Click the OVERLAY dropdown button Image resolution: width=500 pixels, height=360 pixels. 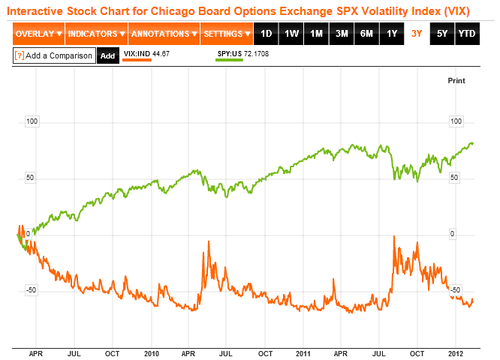[x=38, y=34]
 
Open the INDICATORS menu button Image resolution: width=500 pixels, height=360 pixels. [x=96, y=34]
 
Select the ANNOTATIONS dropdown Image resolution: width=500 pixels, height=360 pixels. [x=163, y=34]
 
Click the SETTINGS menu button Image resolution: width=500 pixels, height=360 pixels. [x=226, y=34]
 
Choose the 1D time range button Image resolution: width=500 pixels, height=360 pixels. [x=267, y=34]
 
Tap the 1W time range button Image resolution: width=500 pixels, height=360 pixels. [x=292, y=34]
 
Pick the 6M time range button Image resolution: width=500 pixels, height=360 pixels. [x=366, y=34]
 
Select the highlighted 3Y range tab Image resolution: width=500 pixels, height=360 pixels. [x=417, y=34]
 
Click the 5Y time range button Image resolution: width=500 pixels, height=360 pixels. [x=442, y=34]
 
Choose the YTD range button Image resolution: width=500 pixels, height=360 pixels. [x=467, y=34]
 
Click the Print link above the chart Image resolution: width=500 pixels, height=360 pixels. [x=456, y=80]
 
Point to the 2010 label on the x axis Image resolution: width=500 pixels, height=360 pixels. [x=152, y=352]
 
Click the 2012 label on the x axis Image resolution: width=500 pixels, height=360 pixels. [x=455, y=352]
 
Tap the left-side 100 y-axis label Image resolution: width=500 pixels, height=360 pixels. [x=32, y=121]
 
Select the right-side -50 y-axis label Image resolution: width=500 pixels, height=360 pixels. [x=455, y=289]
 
